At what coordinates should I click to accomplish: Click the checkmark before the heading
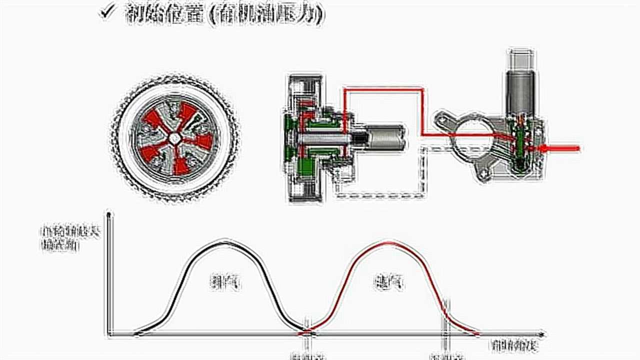[x=108, y=12]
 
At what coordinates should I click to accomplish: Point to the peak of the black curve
[x=223, y=243]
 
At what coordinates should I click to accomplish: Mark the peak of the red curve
[x=388, y=243]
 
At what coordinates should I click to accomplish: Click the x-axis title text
[x=515, y=345]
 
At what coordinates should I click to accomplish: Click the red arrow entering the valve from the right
[x=562, y=148]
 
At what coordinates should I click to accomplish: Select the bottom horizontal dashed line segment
[x=380, y=195]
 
